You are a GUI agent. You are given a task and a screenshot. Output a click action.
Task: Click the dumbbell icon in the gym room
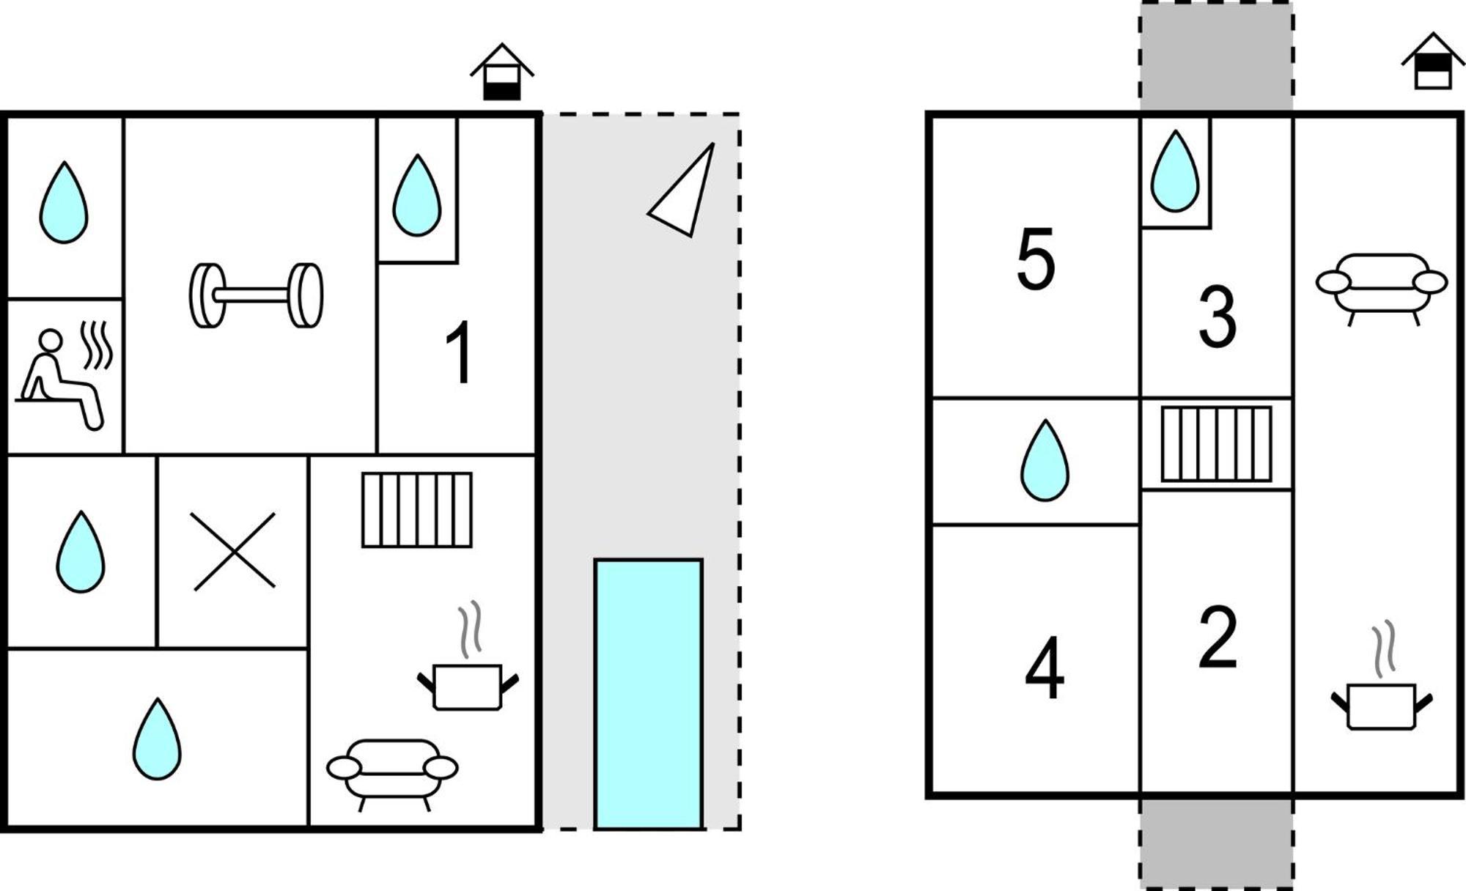[x=256, y=295]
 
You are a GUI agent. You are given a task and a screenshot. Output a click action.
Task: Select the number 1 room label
[x=460, y=353]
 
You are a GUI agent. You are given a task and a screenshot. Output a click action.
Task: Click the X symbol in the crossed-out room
[x=234, y=551]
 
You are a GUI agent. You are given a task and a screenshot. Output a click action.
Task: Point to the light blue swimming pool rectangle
[x=649, y=694]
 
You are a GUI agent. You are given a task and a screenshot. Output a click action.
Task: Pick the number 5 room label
[x=1036, y=259]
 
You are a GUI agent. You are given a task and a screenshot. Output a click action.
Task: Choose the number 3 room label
[x=1218, y=317]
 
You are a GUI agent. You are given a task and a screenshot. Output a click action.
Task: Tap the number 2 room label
[x=1218, y=637]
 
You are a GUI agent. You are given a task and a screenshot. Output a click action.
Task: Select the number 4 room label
[x=1044, y=668]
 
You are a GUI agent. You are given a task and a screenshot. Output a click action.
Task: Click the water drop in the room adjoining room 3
[x=1175, y=171]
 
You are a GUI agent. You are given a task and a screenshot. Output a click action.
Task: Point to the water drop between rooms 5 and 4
[x=1045, y=460]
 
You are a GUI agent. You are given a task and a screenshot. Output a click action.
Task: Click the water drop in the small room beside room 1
[x=417, y=195]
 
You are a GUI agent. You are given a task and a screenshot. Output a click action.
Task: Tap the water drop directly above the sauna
[x=64, y=202]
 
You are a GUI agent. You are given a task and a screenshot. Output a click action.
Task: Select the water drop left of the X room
[x=81, y=552]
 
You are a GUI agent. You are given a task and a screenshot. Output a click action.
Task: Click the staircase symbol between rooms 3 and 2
[x=1217, y=444]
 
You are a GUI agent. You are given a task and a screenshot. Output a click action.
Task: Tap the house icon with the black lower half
[x=502, y=72]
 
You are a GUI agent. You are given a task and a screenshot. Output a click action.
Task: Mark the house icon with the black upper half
[x=1434, y=61]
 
